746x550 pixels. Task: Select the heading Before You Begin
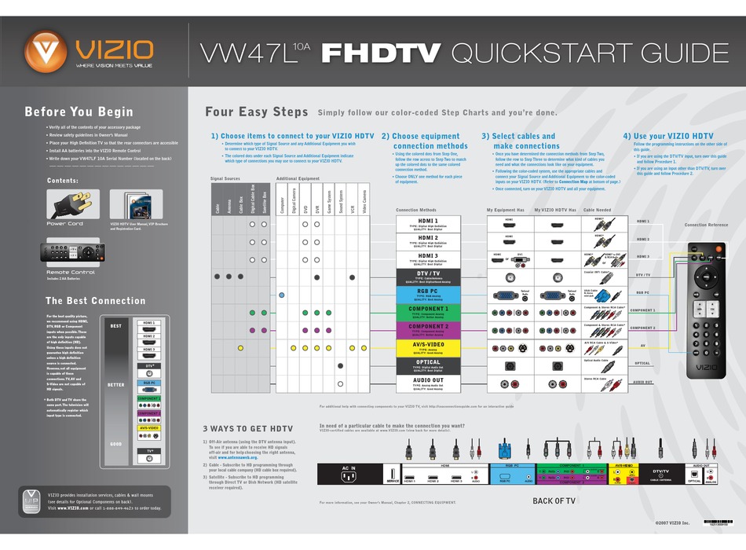click(79, 112)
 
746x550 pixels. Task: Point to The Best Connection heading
click(96, 300)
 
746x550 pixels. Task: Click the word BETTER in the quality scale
click(116, 385)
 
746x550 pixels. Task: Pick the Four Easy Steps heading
click(256, 112)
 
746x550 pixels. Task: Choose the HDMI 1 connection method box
click(428, 223)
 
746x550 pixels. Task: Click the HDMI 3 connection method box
click(428, 258)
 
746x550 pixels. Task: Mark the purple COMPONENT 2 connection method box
click(428, 328)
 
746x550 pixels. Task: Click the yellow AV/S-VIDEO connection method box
click(428, 346)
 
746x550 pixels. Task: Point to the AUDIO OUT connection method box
click(428, 383)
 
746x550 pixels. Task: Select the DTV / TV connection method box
click(428, 275)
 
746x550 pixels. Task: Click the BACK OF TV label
click(554, 500)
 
